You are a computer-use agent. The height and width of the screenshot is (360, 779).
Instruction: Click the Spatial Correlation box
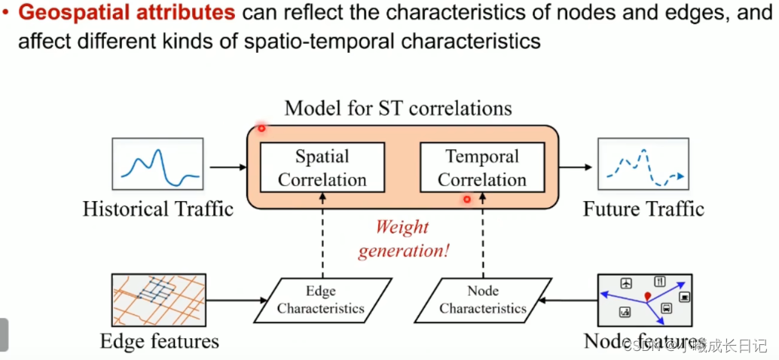(322, 168)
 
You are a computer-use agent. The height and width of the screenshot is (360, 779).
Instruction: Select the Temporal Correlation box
(482, 168)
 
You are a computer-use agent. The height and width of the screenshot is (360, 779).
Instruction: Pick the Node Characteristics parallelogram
(483, 300)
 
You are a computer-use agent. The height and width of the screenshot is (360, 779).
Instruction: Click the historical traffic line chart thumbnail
(158, 163)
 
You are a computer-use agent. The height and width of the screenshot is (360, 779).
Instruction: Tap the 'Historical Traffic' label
(158, 209)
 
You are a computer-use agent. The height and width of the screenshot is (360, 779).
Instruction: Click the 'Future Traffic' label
(643, 209)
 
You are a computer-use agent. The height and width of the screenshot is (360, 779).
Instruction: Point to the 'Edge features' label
(160, 341)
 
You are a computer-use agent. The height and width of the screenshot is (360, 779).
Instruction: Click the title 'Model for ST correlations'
(398, 108)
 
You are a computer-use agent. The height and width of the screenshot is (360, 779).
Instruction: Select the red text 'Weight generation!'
(403, 239)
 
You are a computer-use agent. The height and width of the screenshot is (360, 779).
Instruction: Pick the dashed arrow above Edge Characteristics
(322, 233)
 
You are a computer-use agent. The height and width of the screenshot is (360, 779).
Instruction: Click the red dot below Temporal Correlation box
(467, 200)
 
